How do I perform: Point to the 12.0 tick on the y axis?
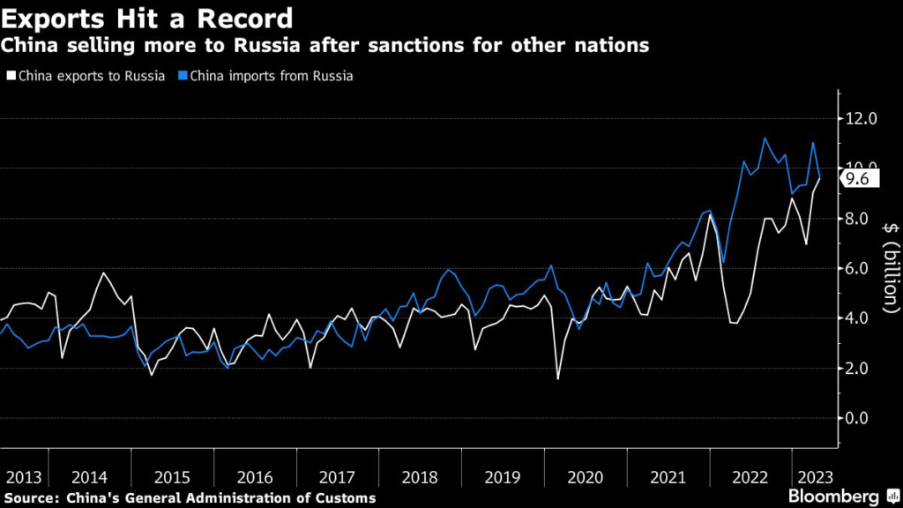pos(860,119)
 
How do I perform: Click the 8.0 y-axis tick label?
pos(860,219)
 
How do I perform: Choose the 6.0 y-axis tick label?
pos(860,269)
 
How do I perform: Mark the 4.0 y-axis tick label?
pos(860,318)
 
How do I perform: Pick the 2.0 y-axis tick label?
pos(860,369)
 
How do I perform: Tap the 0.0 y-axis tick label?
pos(860,418)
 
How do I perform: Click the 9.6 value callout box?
pos(858,179)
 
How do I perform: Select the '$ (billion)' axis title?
pos(890,270)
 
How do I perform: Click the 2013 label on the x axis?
pos(23,477)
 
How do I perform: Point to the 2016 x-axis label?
pos(256,477)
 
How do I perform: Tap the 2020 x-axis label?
pos(586,477)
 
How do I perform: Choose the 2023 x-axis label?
pos(812,477)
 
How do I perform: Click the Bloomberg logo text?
pos(839,497)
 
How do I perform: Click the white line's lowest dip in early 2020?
pos(558,379)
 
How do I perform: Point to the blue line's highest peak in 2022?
pos(765,138)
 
